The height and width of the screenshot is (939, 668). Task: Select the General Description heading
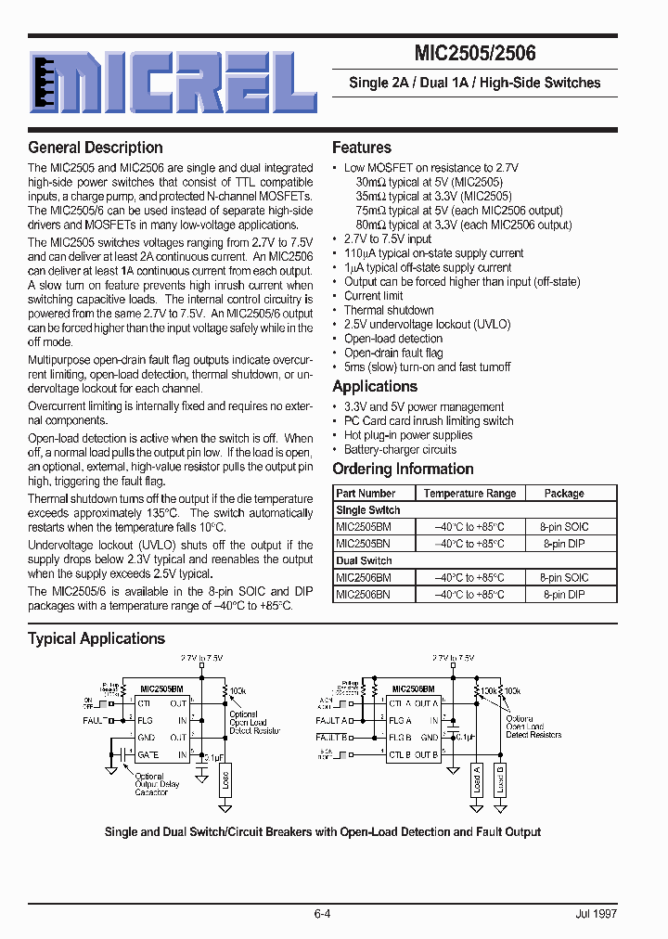click(96, 148)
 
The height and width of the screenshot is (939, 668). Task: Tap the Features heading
click(362, 148)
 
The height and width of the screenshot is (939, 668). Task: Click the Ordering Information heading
click(403, 469)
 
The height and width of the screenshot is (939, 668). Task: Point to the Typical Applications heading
click(96, 638)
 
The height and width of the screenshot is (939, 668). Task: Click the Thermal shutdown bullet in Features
click(389, 310)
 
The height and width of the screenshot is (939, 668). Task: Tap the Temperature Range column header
click(469, 494)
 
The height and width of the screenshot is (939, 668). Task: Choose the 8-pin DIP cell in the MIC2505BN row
click(564, 544)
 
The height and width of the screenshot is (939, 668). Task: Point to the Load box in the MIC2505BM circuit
click(225, 778)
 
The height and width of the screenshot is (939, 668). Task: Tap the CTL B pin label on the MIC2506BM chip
click(400, 755)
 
